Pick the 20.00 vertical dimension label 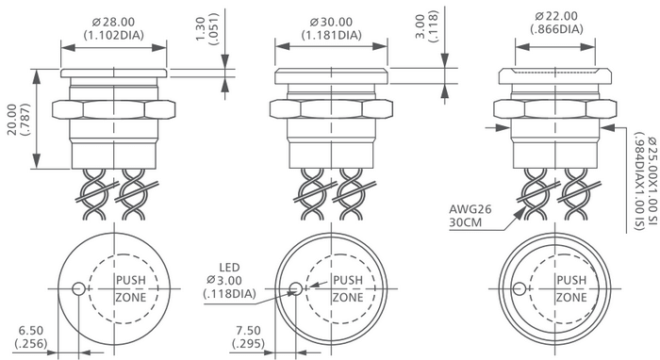(16, 119)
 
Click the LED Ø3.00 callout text (229, 280)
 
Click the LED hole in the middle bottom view (296, 289)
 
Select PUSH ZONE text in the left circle (130, 289)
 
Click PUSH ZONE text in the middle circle (347, 289)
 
